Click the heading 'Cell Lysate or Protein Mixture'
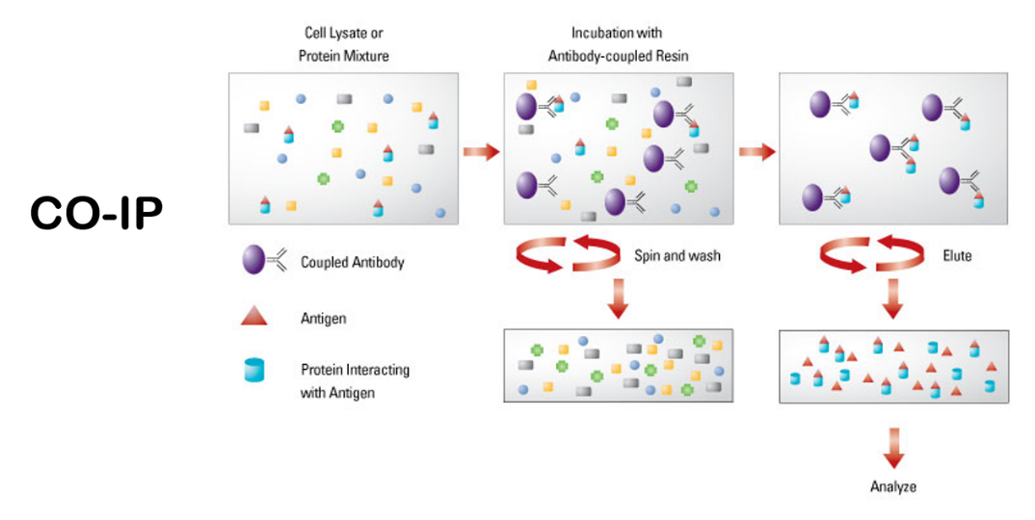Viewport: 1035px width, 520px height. coord(343,44)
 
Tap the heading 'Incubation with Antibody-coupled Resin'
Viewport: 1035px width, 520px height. coord(618,44)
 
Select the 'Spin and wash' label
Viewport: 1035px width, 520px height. coord(677,256)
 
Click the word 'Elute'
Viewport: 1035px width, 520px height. coord(957,256)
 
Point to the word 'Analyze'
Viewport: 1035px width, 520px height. coord(893,486)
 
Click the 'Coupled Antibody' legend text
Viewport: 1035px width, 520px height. coord(352,262)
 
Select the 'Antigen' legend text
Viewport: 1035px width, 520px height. coord(322,317)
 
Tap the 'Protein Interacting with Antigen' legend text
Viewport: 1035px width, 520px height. coord(355,380)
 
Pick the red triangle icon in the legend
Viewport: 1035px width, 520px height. coord(254,316)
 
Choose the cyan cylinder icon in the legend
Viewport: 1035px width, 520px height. coord(254,370)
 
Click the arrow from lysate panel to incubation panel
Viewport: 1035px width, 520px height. coord(481,151)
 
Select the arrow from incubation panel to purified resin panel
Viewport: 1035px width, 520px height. coord(756,151)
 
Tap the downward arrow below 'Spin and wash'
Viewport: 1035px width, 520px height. coord(619,299)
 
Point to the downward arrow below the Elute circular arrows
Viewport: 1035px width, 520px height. coord(893,299)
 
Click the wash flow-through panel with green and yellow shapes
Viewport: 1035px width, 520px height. coord(619,366)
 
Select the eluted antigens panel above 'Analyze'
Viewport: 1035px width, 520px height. coord(893,366)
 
